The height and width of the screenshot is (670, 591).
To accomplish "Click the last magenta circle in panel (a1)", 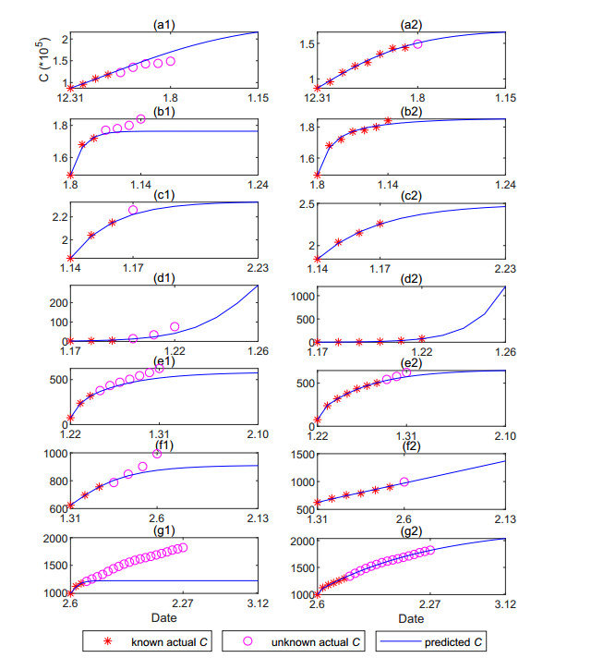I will [171, 61].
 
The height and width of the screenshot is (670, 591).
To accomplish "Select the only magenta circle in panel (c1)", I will [133, 210].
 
